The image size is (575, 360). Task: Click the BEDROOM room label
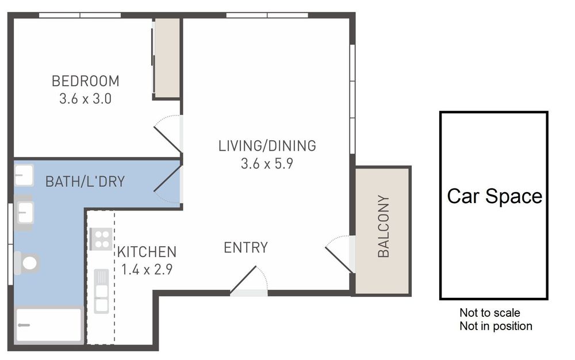[x=85, y=81]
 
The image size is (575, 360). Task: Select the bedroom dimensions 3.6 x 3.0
[x=85, y=98]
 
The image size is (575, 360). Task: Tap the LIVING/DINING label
[x=267, y=145]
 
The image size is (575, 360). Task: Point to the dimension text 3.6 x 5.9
[x=267, y=163]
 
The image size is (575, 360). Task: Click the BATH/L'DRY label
[x=85, y=182]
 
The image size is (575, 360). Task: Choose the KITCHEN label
[x=147, y=251]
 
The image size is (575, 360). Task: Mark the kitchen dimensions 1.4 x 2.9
[x=147, y=268]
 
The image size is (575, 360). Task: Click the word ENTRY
[x=246, y=248]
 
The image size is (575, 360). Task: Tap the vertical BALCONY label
[x=384, y=227]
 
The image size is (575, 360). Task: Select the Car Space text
[x=494, y=196]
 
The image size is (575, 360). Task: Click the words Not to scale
[x=489, y=313]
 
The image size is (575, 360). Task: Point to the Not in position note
[x=496, y=326]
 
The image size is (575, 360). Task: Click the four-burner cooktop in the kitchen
[x=101, y=239]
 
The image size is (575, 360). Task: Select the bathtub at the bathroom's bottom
[x=49, y=325]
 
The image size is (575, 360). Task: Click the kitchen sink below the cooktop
[x=102, y=290]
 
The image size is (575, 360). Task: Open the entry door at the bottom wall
[x=249, y=282]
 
